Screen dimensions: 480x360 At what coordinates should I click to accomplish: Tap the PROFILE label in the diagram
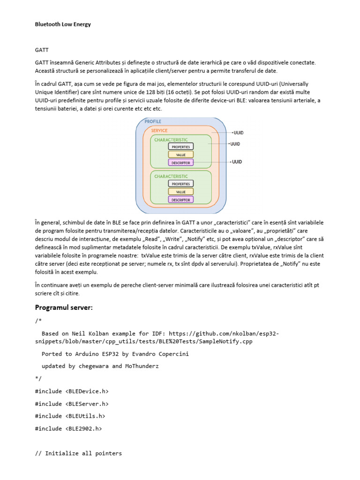[x=153, y=121]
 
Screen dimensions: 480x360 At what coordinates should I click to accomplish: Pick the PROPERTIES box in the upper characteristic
[x=180, y=146]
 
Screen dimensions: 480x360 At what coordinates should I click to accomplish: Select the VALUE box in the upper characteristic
[x=180, y=154]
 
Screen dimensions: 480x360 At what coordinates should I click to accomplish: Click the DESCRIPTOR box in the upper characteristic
[x=180, y=162]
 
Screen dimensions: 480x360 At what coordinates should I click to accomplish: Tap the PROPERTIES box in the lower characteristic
[x=180, y=184]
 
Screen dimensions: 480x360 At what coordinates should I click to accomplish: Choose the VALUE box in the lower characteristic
[x=180, y=192]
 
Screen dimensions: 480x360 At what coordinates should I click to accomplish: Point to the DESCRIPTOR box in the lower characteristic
[x=180, y=200]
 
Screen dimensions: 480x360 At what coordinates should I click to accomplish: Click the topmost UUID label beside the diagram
[x=239, y=133]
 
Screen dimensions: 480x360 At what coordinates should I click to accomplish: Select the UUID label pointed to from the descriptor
[x=237, y=162]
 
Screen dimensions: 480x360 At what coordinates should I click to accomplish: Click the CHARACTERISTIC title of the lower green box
[x=171, y=176]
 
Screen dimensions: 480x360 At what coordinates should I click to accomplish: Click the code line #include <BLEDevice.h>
[x=68, y=391]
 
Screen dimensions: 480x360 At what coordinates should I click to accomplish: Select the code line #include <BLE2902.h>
[x=68, y=428]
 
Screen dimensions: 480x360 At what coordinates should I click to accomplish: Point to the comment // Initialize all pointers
[x=78, y=453]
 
